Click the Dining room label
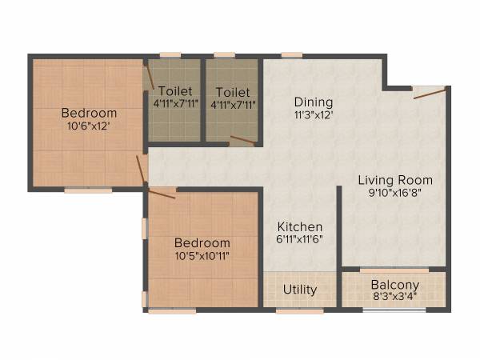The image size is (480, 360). pyautogui.click(x=313, y=102)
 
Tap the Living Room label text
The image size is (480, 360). pyautogui.click(x=394, y=180)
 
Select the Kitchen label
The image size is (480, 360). pyautogui.click(x=300, y=226)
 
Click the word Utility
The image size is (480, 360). pyautogui.click(x=300, y=289)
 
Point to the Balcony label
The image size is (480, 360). pyautogui.click(x=394, y=285)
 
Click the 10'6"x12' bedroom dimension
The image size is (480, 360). pyautogui.click(x=89, y=126)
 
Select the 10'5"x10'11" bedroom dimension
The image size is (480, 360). pyautogui.click(x=202, y=256)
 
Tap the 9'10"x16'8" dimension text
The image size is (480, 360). pyautogui.click(x=394, y=193)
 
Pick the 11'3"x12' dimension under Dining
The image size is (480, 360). pyautogui.click(x=313, y=114)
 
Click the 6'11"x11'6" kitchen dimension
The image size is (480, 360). pyautogui.click(x=300, y=239)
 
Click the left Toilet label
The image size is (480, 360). pyautogui.click(x=174, y=91)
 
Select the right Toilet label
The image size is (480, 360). pyautogui.click(x=233, y=91)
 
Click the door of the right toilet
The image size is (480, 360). pyautogui.click(x=242, y=141)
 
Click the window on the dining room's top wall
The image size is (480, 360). pyautogui.click(x=292, y=55)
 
